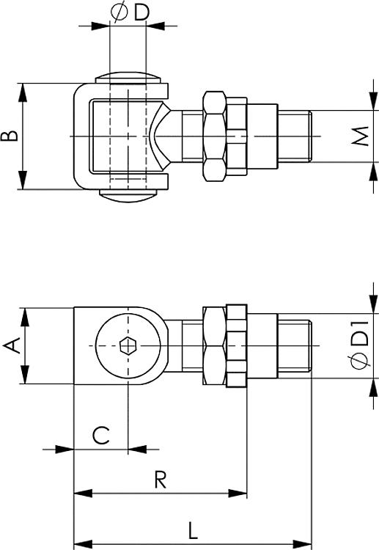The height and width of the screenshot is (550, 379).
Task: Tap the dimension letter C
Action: tap(100, 435)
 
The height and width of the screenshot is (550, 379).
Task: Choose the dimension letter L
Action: tap(193, 529)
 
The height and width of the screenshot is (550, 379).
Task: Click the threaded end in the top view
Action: tap(296, 136)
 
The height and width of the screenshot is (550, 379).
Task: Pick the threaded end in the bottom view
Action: tap(296, 346)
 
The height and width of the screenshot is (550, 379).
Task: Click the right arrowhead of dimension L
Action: tap(308, 543)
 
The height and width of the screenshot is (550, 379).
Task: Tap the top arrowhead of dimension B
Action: tap(23, 88)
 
